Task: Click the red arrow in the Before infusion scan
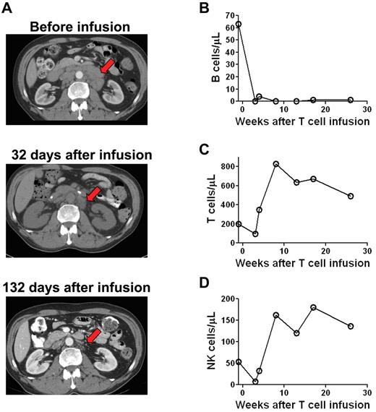(x=107, y=67)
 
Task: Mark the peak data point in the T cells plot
(x=275, y=164)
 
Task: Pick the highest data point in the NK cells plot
(x=313, y=307)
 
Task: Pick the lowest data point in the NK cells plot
(x=255, y=382)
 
